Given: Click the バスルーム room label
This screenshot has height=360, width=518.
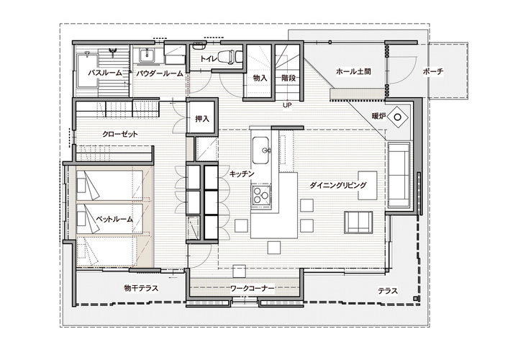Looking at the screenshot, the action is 105,73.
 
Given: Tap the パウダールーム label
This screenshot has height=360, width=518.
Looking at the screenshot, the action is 160,73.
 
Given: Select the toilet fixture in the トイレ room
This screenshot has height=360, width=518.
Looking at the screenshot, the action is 229,55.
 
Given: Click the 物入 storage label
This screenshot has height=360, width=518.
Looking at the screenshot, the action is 260,78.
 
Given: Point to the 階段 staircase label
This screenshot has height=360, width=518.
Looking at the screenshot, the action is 288,78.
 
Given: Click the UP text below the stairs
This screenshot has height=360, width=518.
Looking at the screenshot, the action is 287,105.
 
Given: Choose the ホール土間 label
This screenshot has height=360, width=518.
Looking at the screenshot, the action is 353,71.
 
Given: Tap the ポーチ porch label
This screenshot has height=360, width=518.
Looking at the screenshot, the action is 433,71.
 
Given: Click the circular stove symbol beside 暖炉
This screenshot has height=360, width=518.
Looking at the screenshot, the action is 397,117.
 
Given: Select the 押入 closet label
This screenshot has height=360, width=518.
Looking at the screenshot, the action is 202,118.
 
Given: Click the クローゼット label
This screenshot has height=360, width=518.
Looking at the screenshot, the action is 120,134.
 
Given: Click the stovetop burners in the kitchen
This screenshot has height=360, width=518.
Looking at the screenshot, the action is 261,194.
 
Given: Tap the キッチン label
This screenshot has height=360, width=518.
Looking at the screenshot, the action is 242,174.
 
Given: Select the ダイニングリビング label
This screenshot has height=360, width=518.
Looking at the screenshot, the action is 338,185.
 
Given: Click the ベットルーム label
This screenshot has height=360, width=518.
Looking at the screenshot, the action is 114,218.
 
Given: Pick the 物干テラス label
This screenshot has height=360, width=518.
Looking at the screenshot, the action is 141,288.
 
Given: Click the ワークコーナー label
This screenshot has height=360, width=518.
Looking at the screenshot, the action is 252,289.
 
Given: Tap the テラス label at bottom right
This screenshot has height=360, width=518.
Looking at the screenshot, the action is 388,291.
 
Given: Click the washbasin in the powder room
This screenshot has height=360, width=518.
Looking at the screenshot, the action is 145,55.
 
